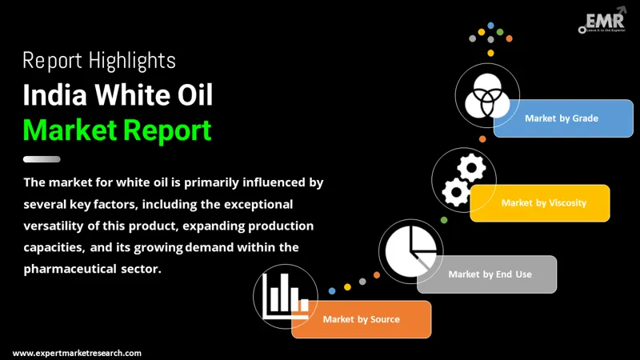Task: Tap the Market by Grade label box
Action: tap(561, 118)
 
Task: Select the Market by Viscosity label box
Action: tap(543, 203)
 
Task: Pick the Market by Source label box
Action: tap(362, 319)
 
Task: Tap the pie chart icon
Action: tap(410, 247)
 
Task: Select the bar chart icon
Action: tap(280, 296)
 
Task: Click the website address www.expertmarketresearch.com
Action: tap(77, 353)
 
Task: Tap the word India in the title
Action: tap(54, 95)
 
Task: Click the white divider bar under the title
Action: tap(42, 158)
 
